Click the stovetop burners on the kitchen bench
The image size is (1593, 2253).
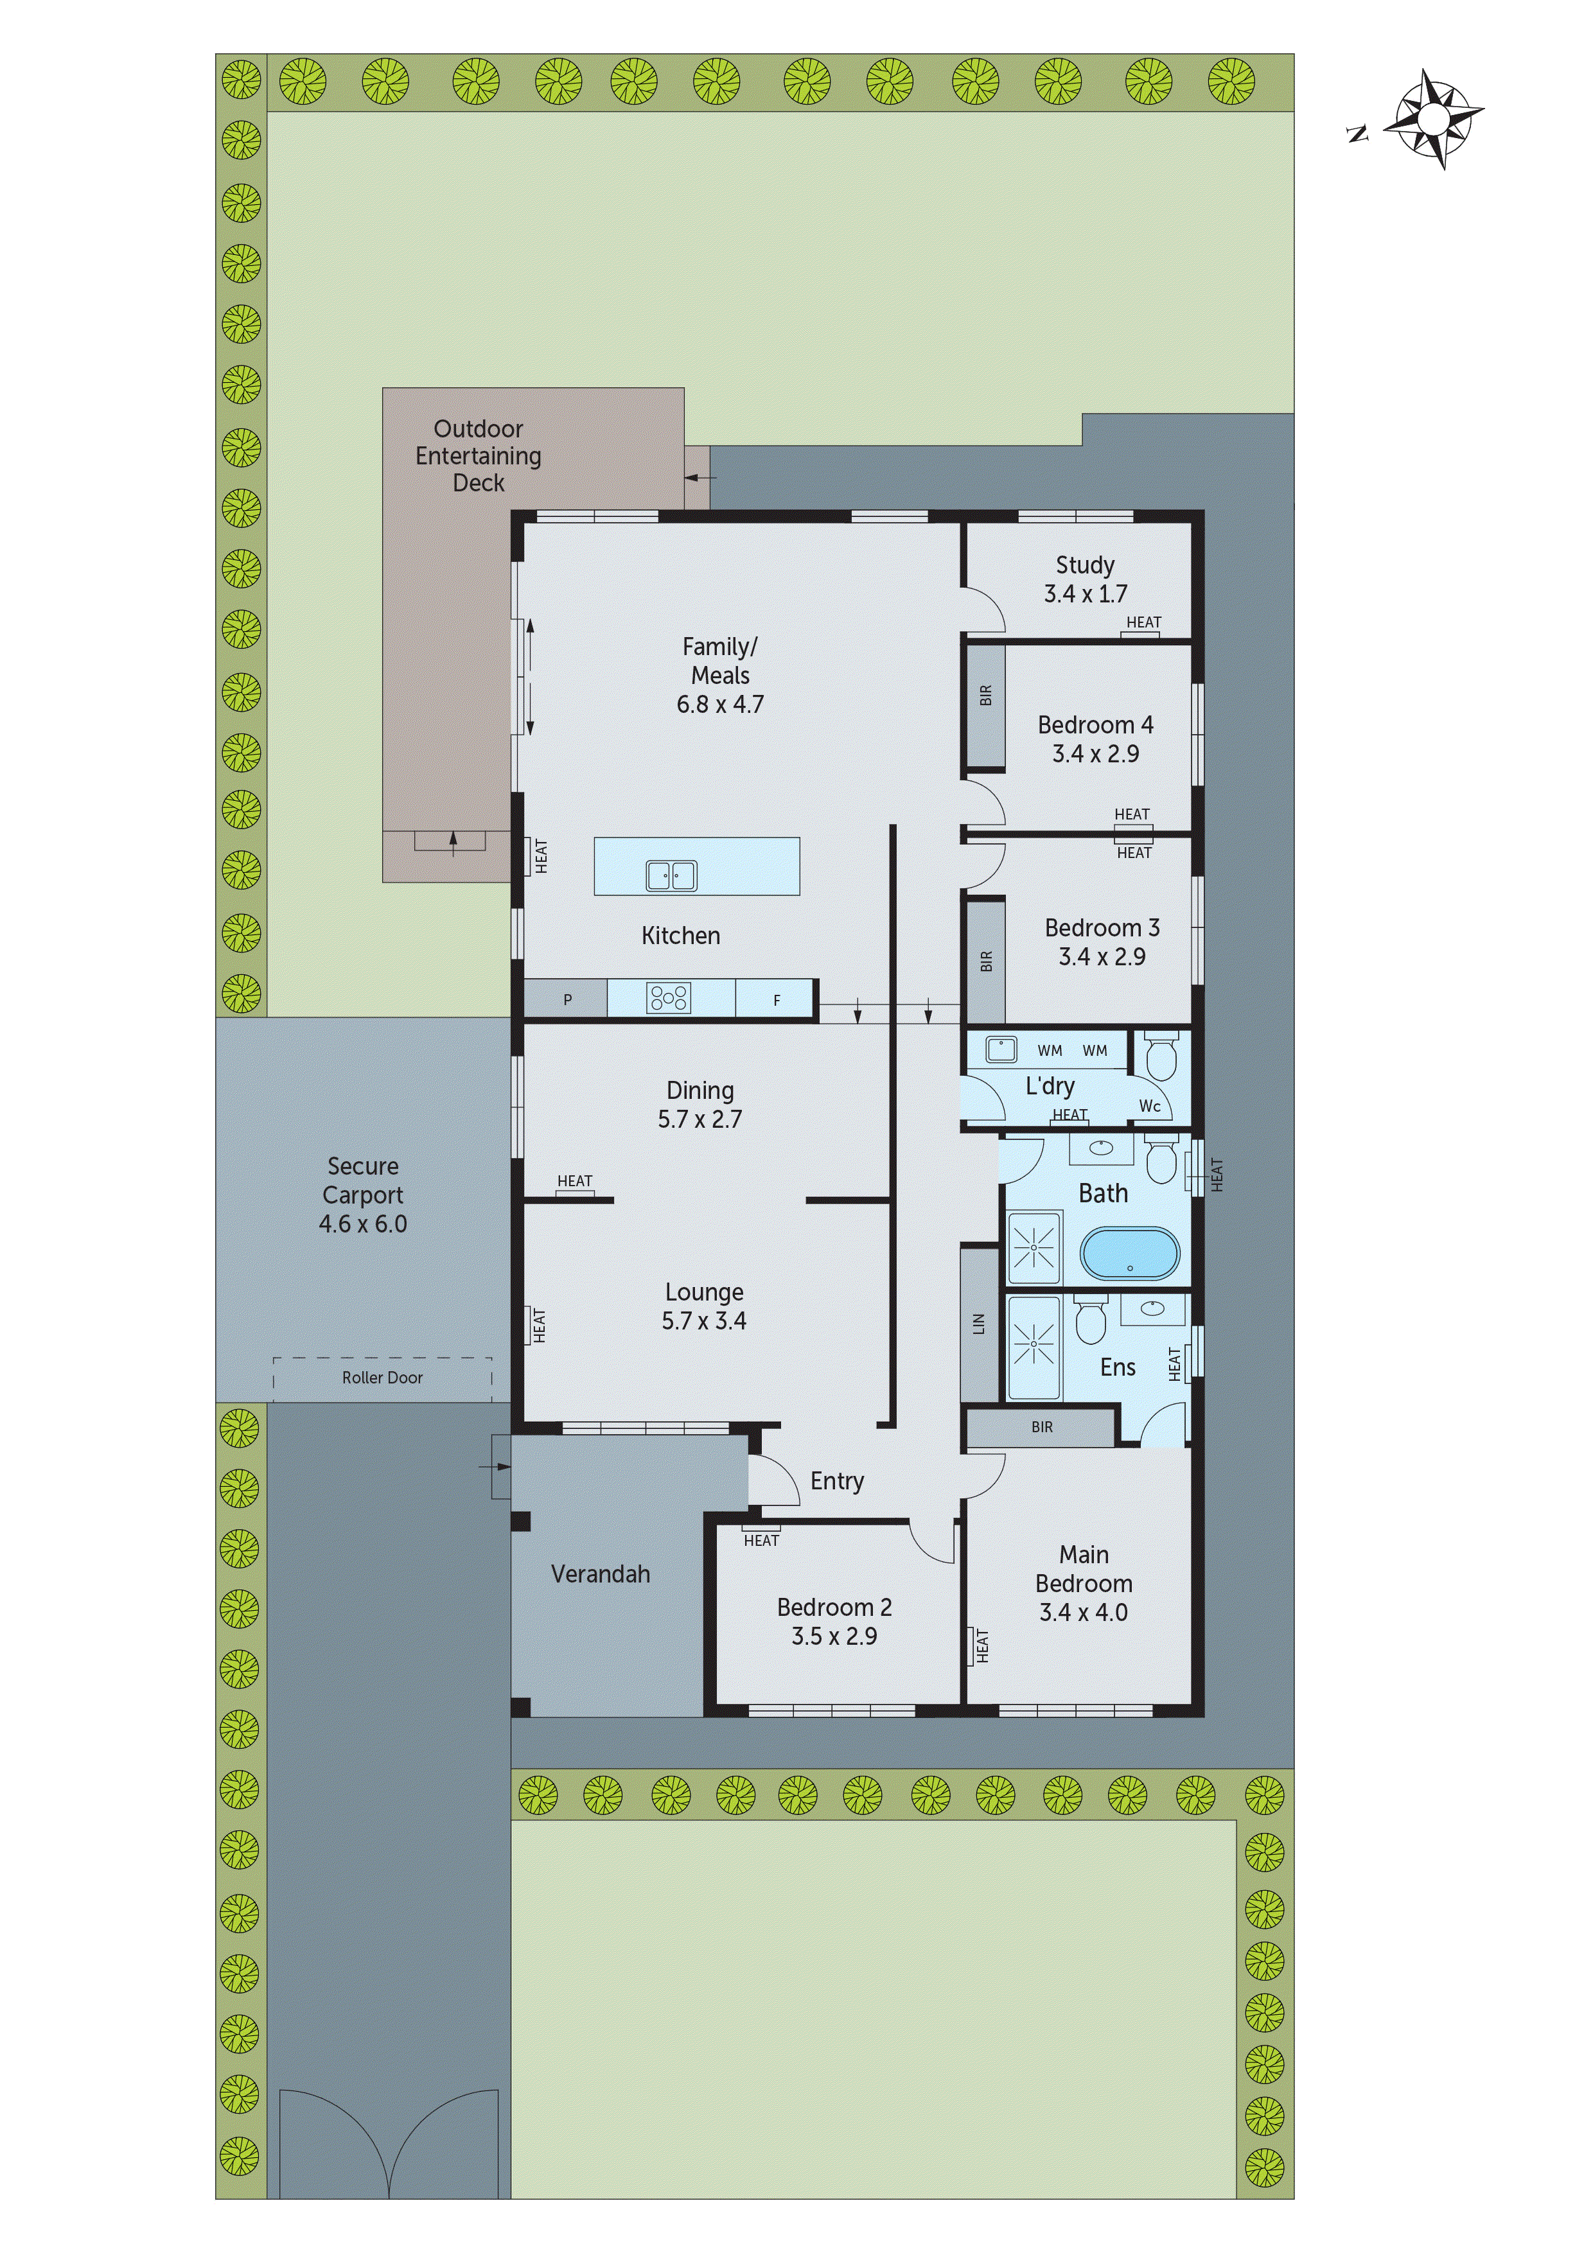click(x=669, y=999)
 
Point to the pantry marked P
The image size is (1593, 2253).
click(x=567, y=1000)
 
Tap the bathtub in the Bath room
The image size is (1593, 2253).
click(x=1130, y=1254)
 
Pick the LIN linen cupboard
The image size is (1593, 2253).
click(x=978, y=1323)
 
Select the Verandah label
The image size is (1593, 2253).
click(x=600, y=1574)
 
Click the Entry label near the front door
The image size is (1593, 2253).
click(x=836, y=1481)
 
